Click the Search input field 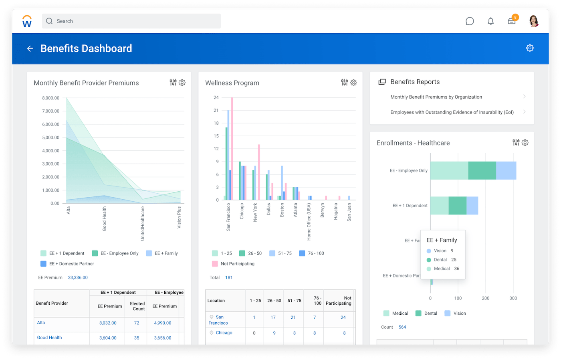[131, 21]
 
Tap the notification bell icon [490, 21]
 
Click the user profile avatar [534, 21]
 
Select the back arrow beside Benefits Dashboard [30, 49]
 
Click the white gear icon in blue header [530, 48]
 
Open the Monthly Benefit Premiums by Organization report [436, 97]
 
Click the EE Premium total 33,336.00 [78, 277]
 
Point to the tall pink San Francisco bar [232, 148]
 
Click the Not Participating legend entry [237, 264]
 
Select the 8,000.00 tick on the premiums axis [50, 98]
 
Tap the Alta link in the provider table [41, 323]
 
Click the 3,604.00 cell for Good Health [108, 338]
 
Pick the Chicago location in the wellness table [224, 333]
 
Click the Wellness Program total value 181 [229, 277]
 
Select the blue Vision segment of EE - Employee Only [506, 171]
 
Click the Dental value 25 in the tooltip [454, 260]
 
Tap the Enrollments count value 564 [402, 327]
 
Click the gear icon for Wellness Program [353, 83]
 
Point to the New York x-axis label [255, 212]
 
